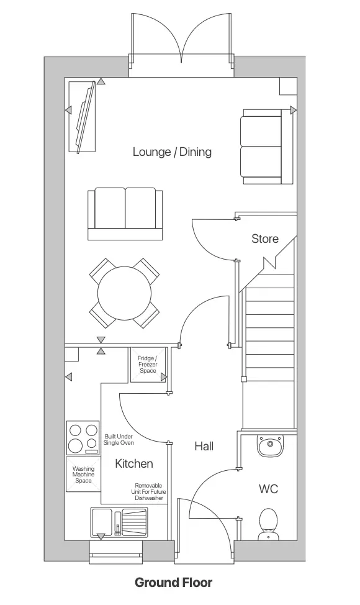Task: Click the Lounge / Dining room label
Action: coord(172,152)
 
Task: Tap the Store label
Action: coord(265,239)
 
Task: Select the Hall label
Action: coord(204,446)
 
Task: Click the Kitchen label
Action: coord(133,463)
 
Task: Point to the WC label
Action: coord(268,489)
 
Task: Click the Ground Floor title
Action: coord(173,583)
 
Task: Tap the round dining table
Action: coord(124,294)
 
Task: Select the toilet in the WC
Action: coord(268,523)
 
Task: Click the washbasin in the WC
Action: coord(269,445)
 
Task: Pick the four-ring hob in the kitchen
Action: coord(83,437)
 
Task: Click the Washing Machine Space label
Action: coord(83,475)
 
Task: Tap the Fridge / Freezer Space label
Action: coord(148,365)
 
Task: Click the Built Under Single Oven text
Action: coord(119,440)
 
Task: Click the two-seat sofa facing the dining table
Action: coord(126,213)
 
